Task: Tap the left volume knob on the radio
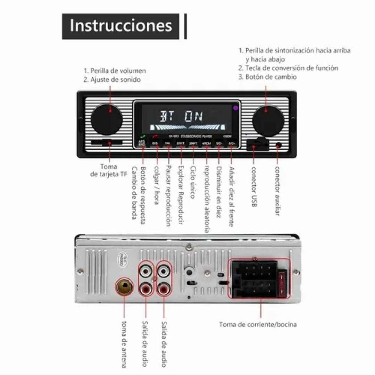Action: [106, 119]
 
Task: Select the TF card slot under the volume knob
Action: [107, 142]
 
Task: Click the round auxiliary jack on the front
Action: [278, 145]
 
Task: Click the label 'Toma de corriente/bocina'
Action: [258, 325]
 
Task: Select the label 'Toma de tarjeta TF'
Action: [108, 170]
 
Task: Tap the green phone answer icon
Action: [142, 136]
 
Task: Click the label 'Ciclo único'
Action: [192, 182]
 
